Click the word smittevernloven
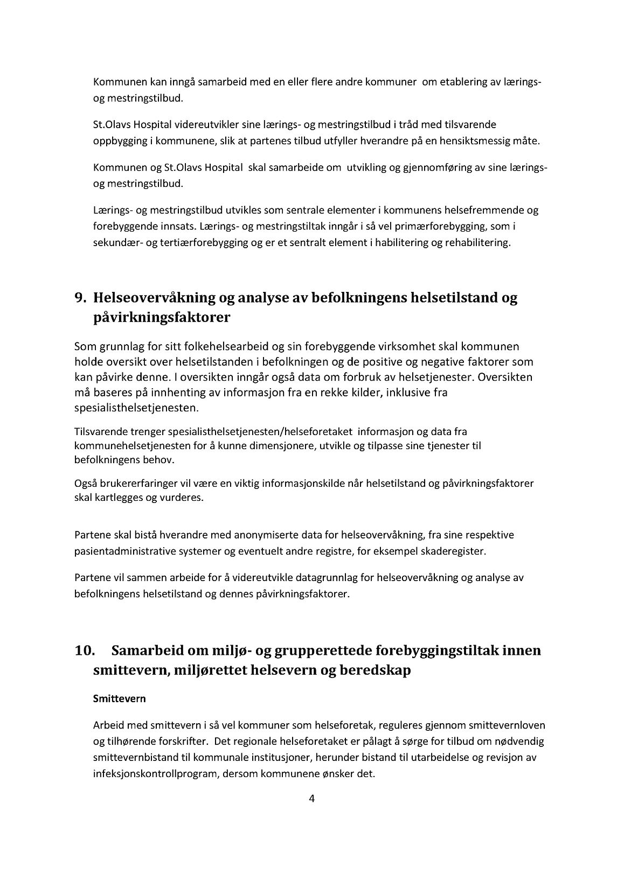pyautogui.click(x=509, y=725)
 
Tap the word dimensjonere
pyautogui.click(x=278, y=446)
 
